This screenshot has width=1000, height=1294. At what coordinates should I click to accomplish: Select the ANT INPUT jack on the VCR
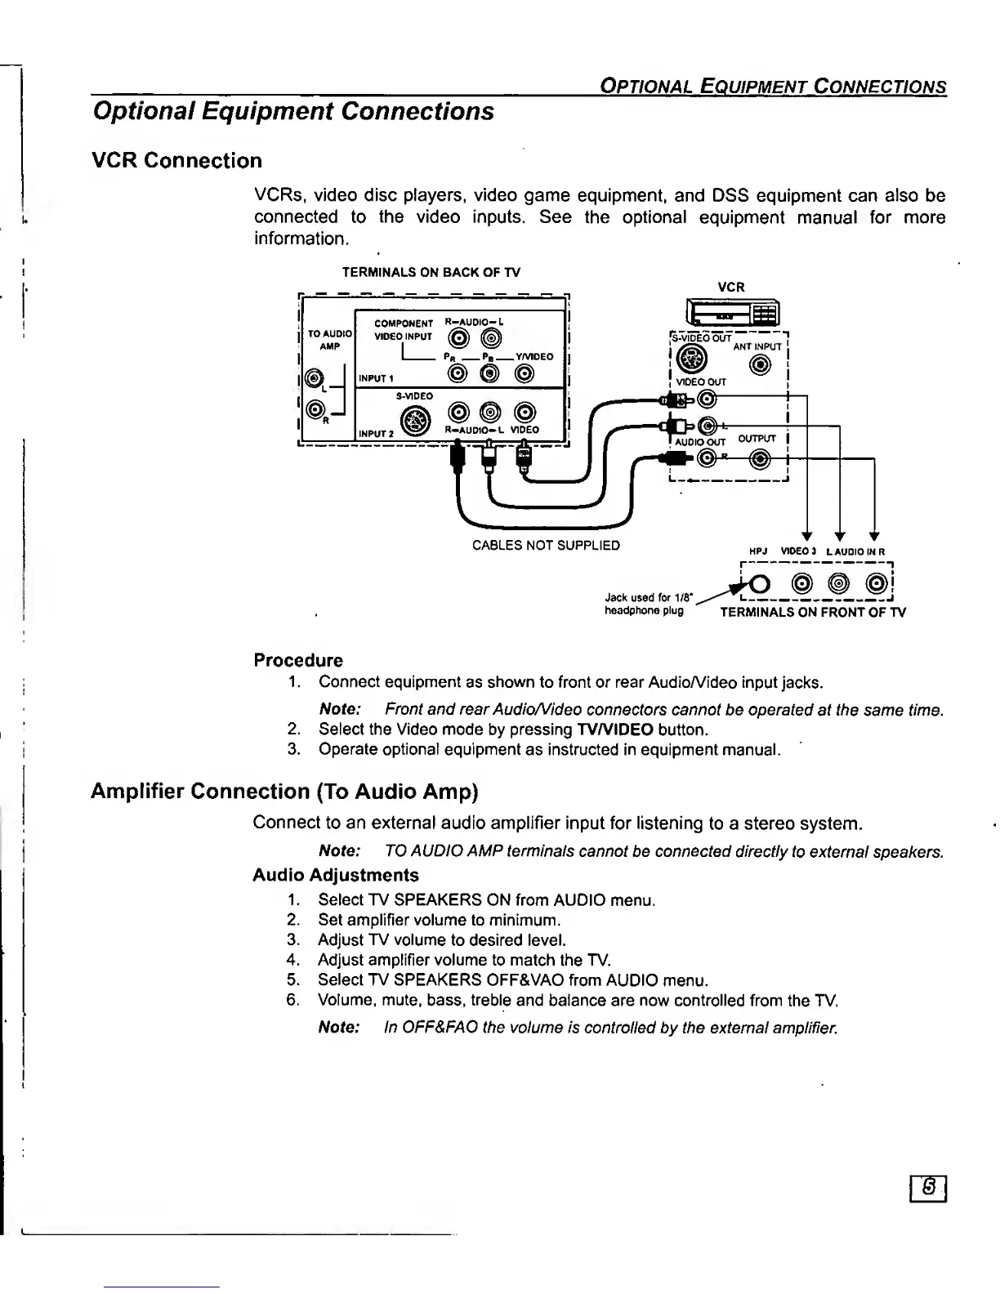coord(761,365)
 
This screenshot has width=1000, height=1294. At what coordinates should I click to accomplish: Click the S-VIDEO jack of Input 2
coord(418,421)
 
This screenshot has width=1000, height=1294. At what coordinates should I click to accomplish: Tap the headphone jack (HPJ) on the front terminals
coord(759,585)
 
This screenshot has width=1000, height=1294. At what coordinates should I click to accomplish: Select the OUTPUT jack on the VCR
coord(761,461)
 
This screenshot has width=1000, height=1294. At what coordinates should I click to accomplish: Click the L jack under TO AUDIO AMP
coord(312,378)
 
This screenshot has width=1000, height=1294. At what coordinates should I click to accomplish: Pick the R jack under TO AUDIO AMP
coord(312,408)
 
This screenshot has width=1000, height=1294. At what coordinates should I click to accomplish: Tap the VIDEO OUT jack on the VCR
coord(708,399)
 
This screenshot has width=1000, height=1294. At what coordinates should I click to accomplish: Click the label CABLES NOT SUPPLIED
coord(546,546)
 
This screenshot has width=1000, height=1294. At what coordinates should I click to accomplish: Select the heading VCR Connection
coord(176,160)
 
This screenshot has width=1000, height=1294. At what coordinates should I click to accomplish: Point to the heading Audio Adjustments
coord(335,875)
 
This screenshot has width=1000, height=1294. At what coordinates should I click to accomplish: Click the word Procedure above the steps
coord(298,660)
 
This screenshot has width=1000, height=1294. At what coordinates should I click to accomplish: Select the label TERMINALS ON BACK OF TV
coord(431,273)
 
